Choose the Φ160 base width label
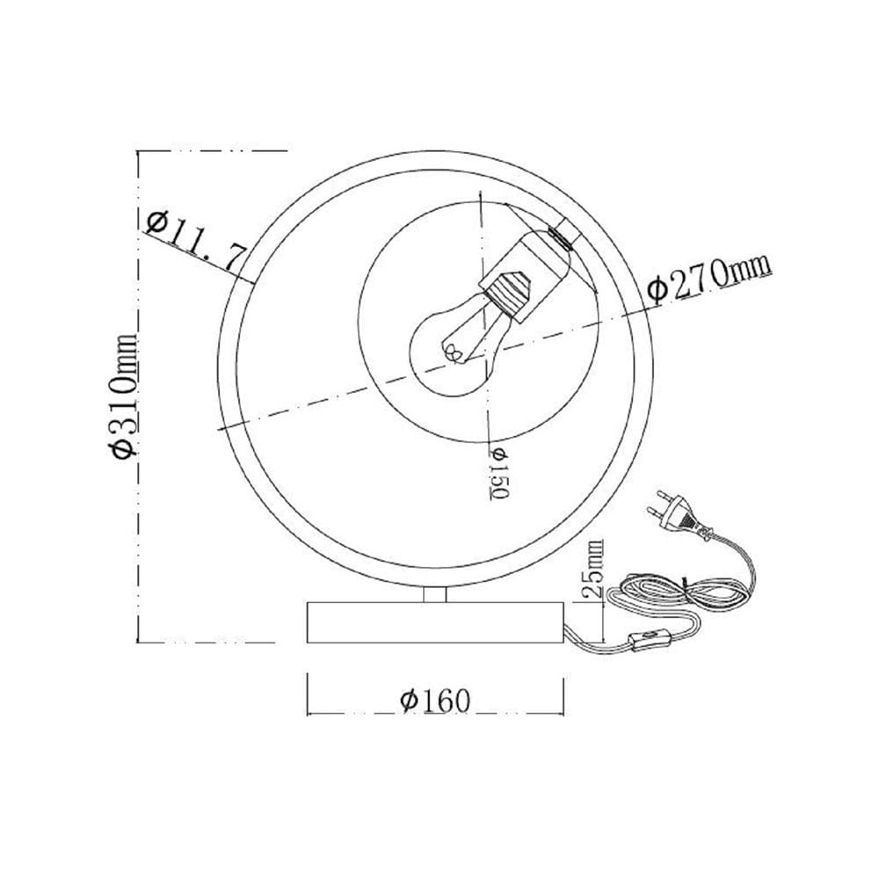[x=436, y=700]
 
